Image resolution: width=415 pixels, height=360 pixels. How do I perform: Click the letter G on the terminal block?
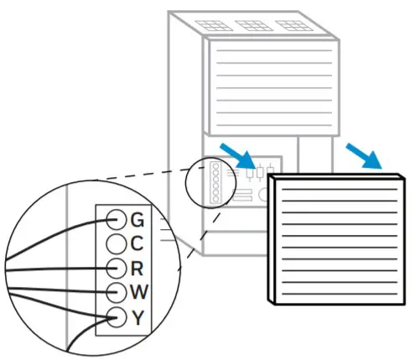pyautogui.click(x=138, y=220)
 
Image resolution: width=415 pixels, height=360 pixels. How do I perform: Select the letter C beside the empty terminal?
pyautogui.click(x=138, y=244)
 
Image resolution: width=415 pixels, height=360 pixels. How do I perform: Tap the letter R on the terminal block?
pyautogui.click(x=138, y=269)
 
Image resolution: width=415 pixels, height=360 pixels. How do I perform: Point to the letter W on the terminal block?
pyautogui.click(x=139, y=293)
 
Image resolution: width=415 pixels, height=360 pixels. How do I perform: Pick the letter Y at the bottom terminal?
pyautogui.click(x=138, y=317)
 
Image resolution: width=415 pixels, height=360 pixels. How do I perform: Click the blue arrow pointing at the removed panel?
pyautogui.click(x=366, y=156)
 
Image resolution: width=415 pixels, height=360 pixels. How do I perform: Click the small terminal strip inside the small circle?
pyautogui.click(x=216, y=184)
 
